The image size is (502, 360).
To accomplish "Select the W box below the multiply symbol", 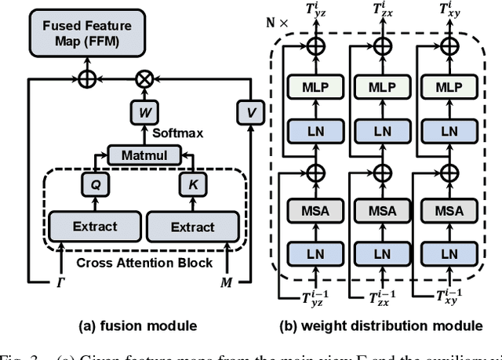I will [144, 111].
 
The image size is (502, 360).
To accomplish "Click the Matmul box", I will [144, 155].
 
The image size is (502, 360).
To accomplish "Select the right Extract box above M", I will [192, 227].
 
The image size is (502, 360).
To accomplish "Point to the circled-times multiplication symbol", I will [144, 78].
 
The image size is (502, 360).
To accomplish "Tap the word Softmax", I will [177, 133].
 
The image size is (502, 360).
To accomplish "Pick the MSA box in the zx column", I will [380, 210].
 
